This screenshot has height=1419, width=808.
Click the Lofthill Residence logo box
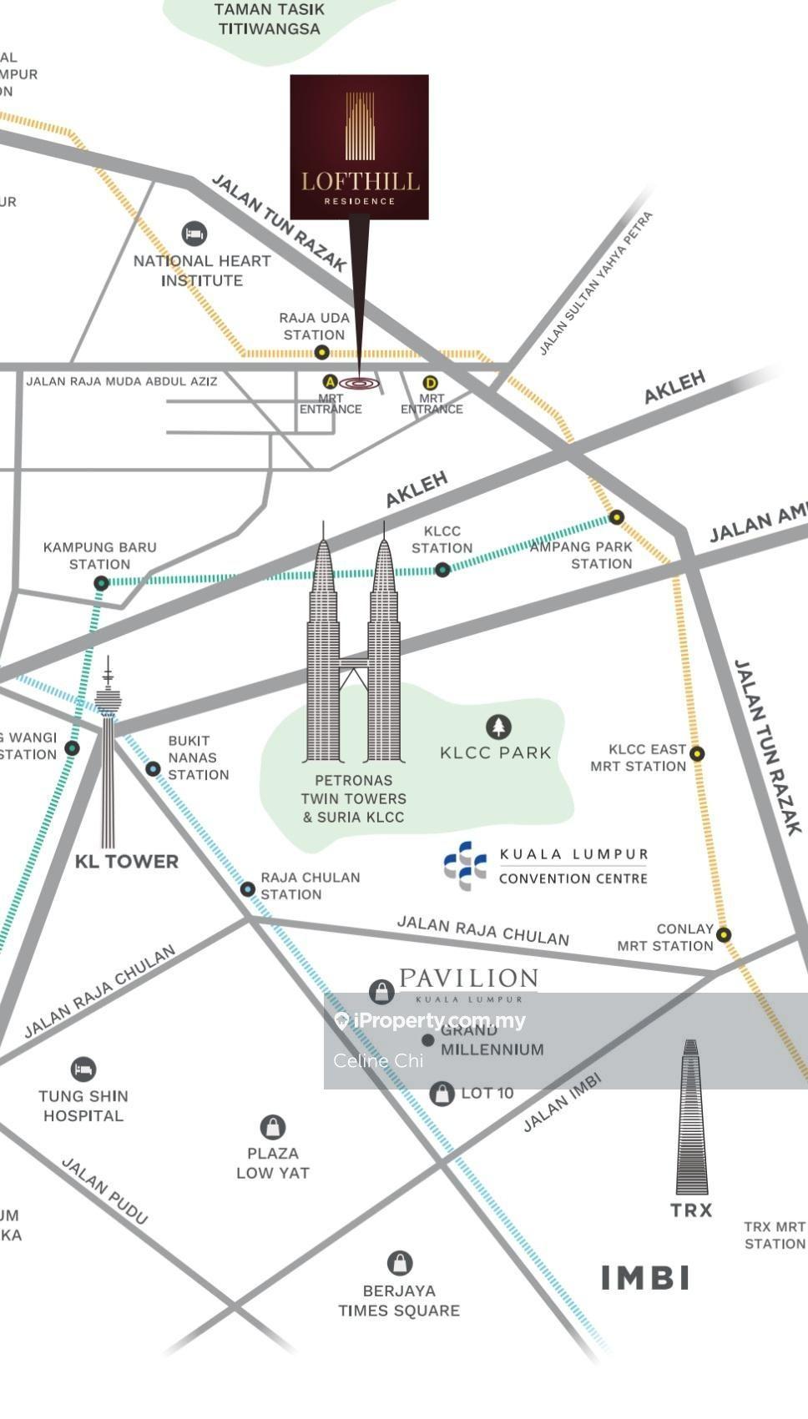359,148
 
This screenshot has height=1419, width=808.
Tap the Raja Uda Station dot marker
321,353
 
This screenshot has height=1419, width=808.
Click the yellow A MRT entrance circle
330,382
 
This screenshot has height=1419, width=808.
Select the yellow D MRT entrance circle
431,383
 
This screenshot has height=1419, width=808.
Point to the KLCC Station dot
442,570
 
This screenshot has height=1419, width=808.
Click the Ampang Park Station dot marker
616,517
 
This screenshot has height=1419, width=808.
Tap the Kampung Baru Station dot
101,583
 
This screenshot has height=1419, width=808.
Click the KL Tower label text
127,862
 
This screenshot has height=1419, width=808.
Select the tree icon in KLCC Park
498,727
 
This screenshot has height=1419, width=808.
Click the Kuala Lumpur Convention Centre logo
465,865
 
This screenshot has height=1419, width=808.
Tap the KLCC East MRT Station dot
697,753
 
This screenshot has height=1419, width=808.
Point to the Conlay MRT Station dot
724,935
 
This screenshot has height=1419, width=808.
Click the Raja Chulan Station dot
247,889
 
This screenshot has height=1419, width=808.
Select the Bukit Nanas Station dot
153,768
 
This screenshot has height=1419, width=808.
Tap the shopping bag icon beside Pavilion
381,992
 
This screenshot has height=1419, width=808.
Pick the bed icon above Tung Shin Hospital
83,1069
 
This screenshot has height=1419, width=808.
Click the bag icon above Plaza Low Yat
273,1127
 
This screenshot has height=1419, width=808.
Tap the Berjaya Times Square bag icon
400,1263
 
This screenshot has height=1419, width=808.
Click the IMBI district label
645,1277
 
